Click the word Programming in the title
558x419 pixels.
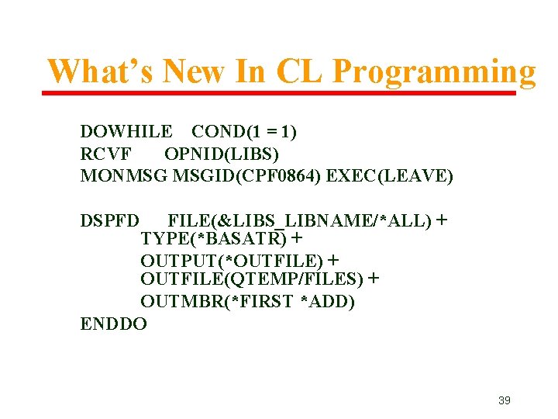(x=433, y=72)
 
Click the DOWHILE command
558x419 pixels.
(x=126, y=132)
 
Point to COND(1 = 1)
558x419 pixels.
(x=244, y=132)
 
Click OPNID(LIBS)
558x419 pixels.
(x=222, y=154)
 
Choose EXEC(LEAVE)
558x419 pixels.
(x=390, y=176)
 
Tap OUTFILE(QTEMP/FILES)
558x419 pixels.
(x=252, y=279)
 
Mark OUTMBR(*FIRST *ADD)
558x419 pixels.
(x=247, y=301)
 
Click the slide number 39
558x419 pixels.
(x=504, y=400)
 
